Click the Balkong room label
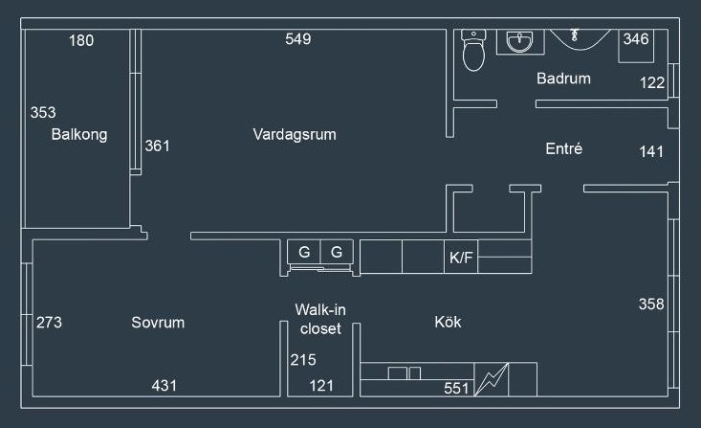pyautogui.click(x=79, y=135)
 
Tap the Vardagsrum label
pyautogui.click(x=295, y=134)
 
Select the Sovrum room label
pyautogui.click(x=158, y=323)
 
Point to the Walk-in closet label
pyautogui.click(x=320, y=319)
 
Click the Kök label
pyautogui.click(x=448, y=323)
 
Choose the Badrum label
pyautogui.click(x=563, y=79)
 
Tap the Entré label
pyautogui.click(x=564, y=149)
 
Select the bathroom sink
pyautogui.click(x=520, y=42)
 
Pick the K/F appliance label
pyautogui.click(x=461, y=258)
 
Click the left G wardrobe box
pyautogui.click(x=304, y=253)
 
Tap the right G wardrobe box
pyautogui.click(x=337, y=253)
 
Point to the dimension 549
pyautogui.click(x=298, y=39)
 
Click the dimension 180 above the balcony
pyautogui.click(x=82, y=40)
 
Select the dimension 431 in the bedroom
pyautogui.click(x=164, y=386)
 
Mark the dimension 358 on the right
pyautogui.click(x=651, y=304)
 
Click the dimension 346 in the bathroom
pyautogui.click(x=636, y=39)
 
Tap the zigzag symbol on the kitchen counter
pyautogui.click(x=492, y=379)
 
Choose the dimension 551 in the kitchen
pyautogui.click(x=457, y=389)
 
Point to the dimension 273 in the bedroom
pyautogui.click(x=49, y=323)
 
